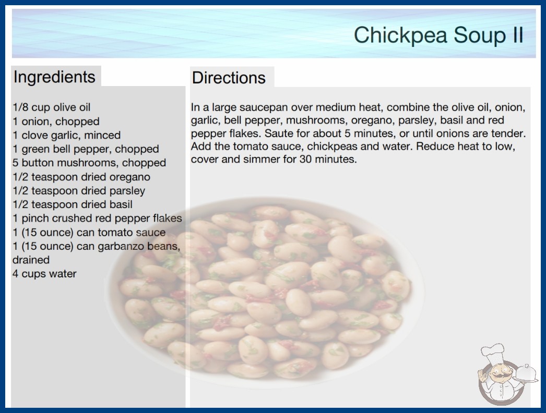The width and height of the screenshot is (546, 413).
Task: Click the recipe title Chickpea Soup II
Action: [x=438, y=35]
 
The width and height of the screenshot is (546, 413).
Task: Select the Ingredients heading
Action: [x=54, y=77]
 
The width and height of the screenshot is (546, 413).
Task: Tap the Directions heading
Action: [x=229, y=78]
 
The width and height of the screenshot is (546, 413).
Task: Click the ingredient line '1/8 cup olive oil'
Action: [x=52, y=107]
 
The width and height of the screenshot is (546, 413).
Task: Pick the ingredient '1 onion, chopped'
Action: [x=56, y=121]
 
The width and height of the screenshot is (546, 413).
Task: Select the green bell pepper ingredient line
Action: [x=86, y=149]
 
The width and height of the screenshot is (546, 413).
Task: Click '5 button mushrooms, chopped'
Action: [x=89, y=163]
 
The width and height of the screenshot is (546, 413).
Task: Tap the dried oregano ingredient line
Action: [x=81, y=177]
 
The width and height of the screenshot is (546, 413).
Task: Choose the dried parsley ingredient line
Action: [x=79, y=191]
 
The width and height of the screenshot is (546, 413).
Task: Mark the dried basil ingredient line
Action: [x=73, y=204]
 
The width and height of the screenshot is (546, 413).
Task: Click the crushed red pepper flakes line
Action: [x=97, y=218]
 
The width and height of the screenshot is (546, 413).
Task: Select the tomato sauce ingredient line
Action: [x=89, y=232]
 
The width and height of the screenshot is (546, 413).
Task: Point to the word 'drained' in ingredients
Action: [x=31, y=260]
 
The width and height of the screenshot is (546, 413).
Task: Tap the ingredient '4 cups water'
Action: [x=44, y=273]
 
